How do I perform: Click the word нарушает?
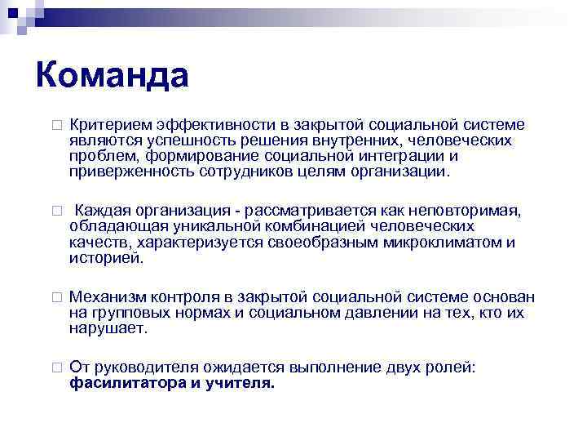point(108,328)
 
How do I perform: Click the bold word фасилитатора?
point(128,383)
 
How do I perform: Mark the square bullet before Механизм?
point(55,298)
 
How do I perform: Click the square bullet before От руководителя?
point(55,368)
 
